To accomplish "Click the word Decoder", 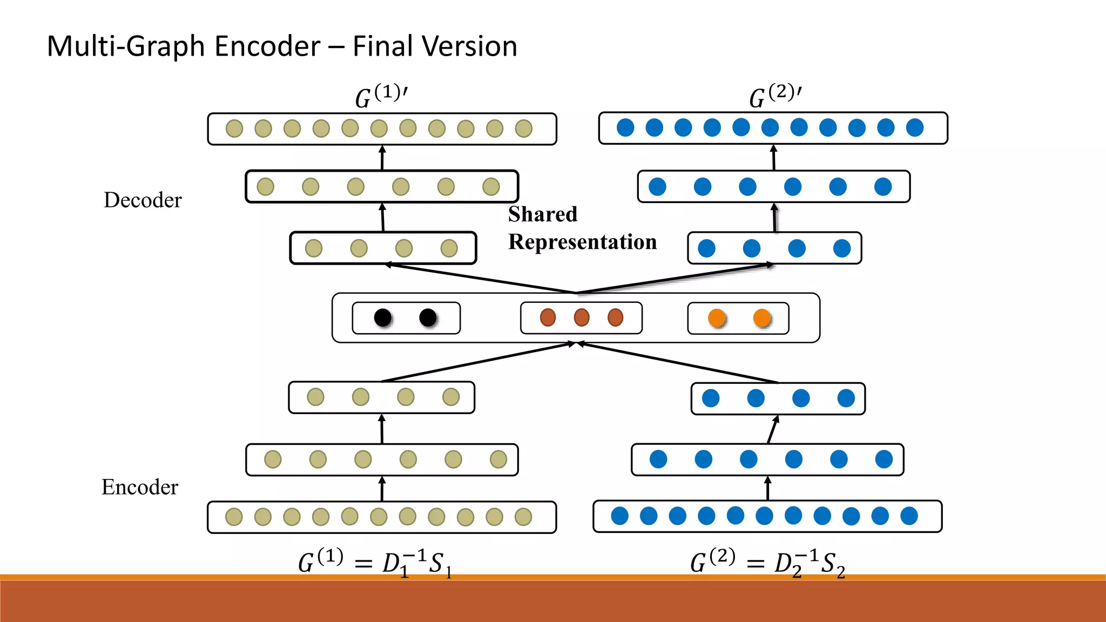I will pyautogui.click(x=143, y=200).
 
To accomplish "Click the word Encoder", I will pyautogui.click(x=139, y=487).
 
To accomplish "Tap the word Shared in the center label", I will pyautogui.click(x=542, y=214).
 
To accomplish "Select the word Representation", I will pyautogui.click(x=582, y=242).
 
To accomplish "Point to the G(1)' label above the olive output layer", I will pyautogui.click(x=381, y=96).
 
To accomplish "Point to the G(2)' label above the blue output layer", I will pyautogui.click(x=775, y=96).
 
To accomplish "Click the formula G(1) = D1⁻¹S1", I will pyautogui.click(x=375, y=563).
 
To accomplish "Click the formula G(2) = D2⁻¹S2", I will pyautogui.click(x=767, y=563).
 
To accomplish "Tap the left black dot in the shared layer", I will pyautogui.click(x=383, y=317).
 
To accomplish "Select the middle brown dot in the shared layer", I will pyautogui.click(x=582, y=317).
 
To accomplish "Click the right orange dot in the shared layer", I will pyautogui.click(x=762, y=318).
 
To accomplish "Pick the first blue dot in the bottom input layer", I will pyautogui.click(x=619, y=516).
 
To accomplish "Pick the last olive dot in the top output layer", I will pyautogui.click(x=523, y=129).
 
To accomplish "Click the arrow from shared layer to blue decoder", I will pyautogui.click(x=675, y=279).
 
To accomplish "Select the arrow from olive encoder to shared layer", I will pyautogui.click(x=475, y=362).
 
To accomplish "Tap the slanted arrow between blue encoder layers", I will pyautogui.click(x=773, y=429).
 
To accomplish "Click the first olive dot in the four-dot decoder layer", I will pyautogui.click(x=314, y=248).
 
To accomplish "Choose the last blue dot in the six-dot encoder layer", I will pyautogui.click(x=884, y=459).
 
